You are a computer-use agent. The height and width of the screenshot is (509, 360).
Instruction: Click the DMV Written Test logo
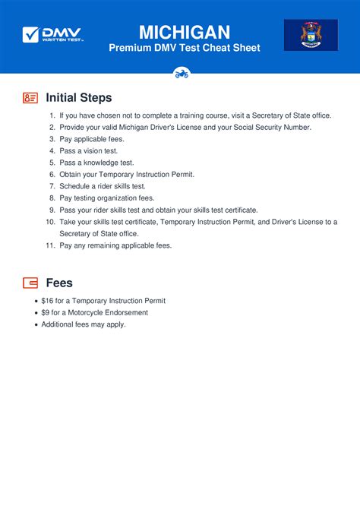(x=53, y=34)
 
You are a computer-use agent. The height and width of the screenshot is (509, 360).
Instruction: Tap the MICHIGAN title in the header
(x=185, y=31)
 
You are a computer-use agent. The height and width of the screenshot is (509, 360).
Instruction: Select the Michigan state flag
(x=311, y=35)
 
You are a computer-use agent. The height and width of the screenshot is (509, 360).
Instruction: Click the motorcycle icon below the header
(x=181, y=74)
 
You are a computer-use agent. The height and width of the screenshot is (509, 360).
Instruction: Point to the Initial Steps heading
(x=79, y=98)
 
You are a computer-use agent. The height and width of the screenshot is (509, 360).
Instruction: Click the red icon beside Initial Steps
(x=30, y=98)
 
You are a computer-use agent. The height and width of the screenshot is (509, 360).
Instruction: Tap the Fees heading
(x=59, y=283)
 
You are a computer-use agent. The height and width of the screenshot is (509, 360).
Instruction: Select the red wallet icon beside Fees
(x=30, y=283)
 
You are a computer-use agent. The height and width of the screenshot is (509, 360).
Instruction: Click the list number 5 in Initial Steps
(x=52, y=163)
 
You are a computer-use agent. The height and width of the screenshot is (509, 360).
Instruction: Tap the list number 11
(x=50, y=245)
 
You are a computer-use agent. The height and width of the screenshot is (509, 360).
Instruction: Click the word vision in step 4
(x=91, y=151)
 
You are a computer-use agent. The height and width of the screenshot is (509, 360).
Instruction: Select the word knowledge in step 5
(x=98, y=163)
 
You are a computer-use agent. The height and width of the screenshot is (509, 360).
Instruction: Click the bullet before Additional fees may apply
(x=36, y=324)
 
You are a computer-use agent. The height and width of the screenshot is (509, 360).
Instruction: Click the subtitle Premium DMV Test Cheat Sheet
(x=185, y=48)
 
